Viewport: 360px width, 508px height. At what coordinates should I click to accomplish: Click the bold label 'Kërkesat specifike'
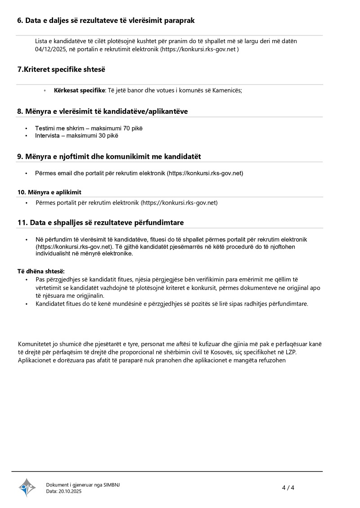coord(79,90)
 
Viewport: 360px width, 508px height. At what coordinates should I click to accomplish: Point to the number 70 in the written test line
coord(126,128)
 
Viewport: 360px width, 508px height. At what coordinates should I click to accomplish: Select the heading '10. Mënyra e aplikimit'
coord(49,192)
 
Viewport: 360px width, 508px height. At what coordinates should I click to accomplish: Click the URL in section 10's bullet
coord(179,203)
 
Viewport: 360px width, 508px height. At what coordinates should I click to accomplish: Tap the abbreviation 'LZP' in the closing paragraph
coord(291,352)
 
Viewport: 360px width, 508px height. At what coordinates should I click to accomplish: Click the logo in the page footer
coord(27,487)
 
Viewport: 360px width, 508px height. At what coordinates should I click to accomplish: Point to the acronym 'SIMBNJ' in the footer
coord(112,485)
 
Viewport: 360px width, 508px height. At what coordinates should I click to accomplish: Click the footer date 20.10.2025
coord(70,491)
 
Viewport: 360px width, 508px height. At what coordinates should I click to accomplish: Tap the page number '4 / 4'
coord(288,488)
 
